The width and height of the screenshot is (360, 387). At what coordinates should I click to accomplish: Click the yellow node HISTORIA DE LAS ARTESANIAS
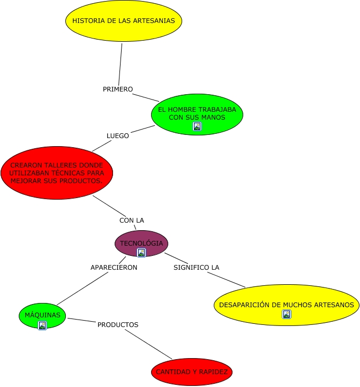click(x=124, y=21)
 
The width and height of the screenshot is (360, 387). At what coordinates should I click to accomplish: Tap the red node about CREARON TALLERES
click(x=57, y=172)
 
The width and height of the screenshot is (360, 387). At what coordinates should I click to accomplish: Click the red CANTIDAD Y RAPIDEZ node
click(x=192, y=371)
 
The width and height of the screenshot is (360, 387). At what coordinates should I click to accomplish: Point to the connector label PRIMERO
click(x=118, y=89)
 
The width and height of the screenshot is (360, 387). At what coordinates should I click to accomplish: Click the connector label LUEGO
click(x=118, y=135)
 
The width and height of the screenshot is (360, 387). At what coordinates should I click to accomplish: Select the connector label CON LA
click(x=132, y=220)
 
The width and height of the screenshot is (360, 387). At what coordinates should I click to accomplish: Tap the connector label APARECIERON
click(x=114, y=267)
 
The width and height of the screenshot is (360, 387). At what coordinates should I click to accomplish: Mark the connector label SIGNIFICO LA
click(x=197, y=267)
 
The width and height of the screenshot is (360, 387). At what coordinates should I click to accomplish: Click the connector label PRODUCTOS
click(x=118, y=324)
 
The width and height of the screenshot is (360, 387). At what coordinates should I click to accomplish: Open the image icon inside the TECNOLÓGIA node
click(x=141, y=253)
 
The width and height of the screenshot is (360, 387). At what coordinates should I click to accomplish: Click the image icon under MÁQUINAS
click(x=42, y=325)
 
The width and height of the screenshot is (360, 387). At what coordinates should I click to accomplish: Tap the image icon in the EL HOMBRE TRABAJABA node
click(x=197, y=126)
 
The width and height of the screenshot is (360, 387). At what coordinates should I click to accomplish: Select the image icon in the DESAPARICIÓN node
click(x=287, y=314)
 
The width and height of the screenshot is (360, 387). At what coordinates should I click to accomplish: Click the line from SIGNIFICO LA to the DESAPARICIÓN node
click(x=226, y=279)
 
